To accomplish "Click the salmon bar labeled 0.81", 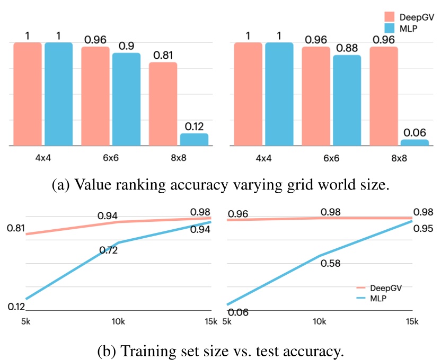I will [163, 104].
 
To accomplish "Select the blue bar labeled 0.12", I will [194, 139].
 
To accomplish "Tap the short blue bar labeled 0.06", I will [414, 142].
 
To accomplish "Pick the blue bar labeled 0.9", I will [126, 99].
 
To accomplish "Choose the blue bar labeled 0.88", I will [347, 100].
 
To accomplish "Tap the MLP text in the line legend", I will [378, 299].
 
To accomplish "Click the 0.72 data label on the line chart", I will [109, 250].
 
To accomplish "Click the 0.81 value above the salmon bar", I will [163, 55].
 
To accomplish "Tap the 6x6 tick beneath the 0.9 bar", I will [110, 158].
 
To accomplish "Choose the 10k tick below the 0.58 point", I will [319, 321].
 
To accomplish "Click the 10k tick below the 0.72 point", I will [118, 321].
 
